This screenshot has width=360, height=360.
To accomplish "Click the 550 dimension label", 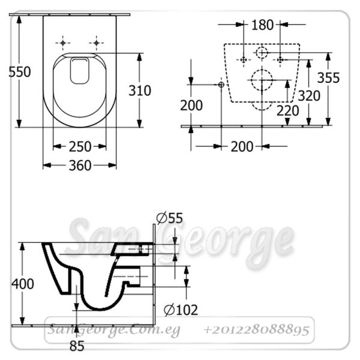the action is (20, 71).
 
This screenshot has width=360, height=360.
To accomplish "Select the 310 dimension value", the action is (140, 91).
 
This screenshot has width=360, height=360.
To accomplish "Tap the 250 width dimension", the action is (80, 146).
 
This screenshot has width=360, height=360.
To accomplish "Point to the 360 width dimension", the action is (80, 166).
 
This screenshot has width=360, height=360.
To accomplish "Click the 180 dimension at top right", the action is (263, 25).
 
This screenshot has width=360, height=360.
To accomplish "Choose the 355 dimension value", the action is (328, 77).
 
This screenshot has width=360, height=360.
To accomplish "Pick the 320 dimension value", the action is (309, 95).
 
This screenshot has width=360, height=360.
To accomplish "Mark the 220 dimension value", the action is (287, 110).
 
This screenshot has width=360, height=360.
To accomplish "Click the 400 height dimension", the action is (23, 284).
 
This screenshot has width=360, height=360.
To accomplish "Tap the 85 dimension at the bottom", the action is (77, 346).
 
